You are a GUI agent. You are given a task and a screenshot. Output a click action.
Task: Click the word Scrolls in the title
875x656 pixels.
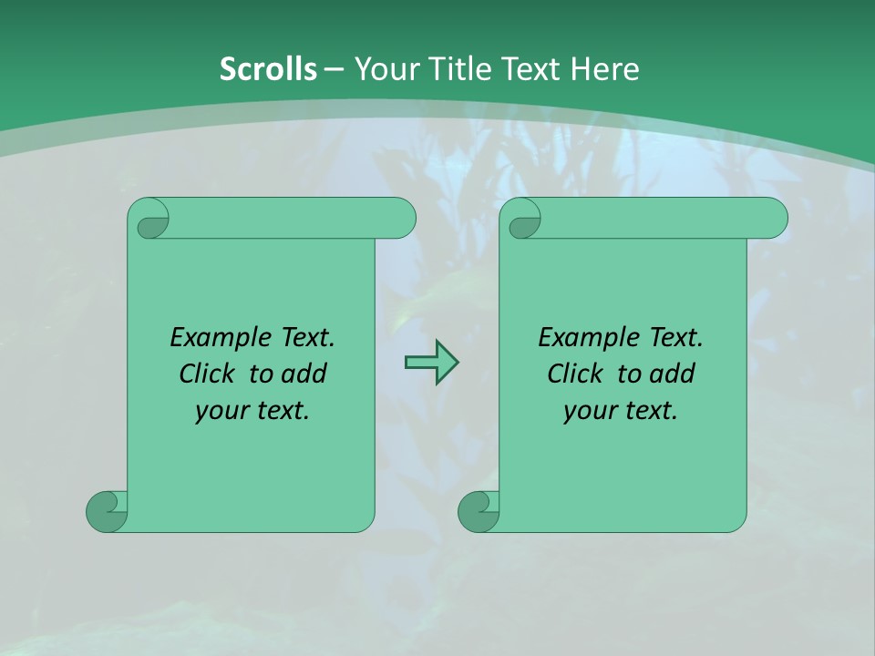point(268,69)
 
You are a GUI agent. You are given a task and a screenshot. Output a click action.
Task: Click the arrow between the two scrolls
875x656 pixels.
point(431,363)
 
